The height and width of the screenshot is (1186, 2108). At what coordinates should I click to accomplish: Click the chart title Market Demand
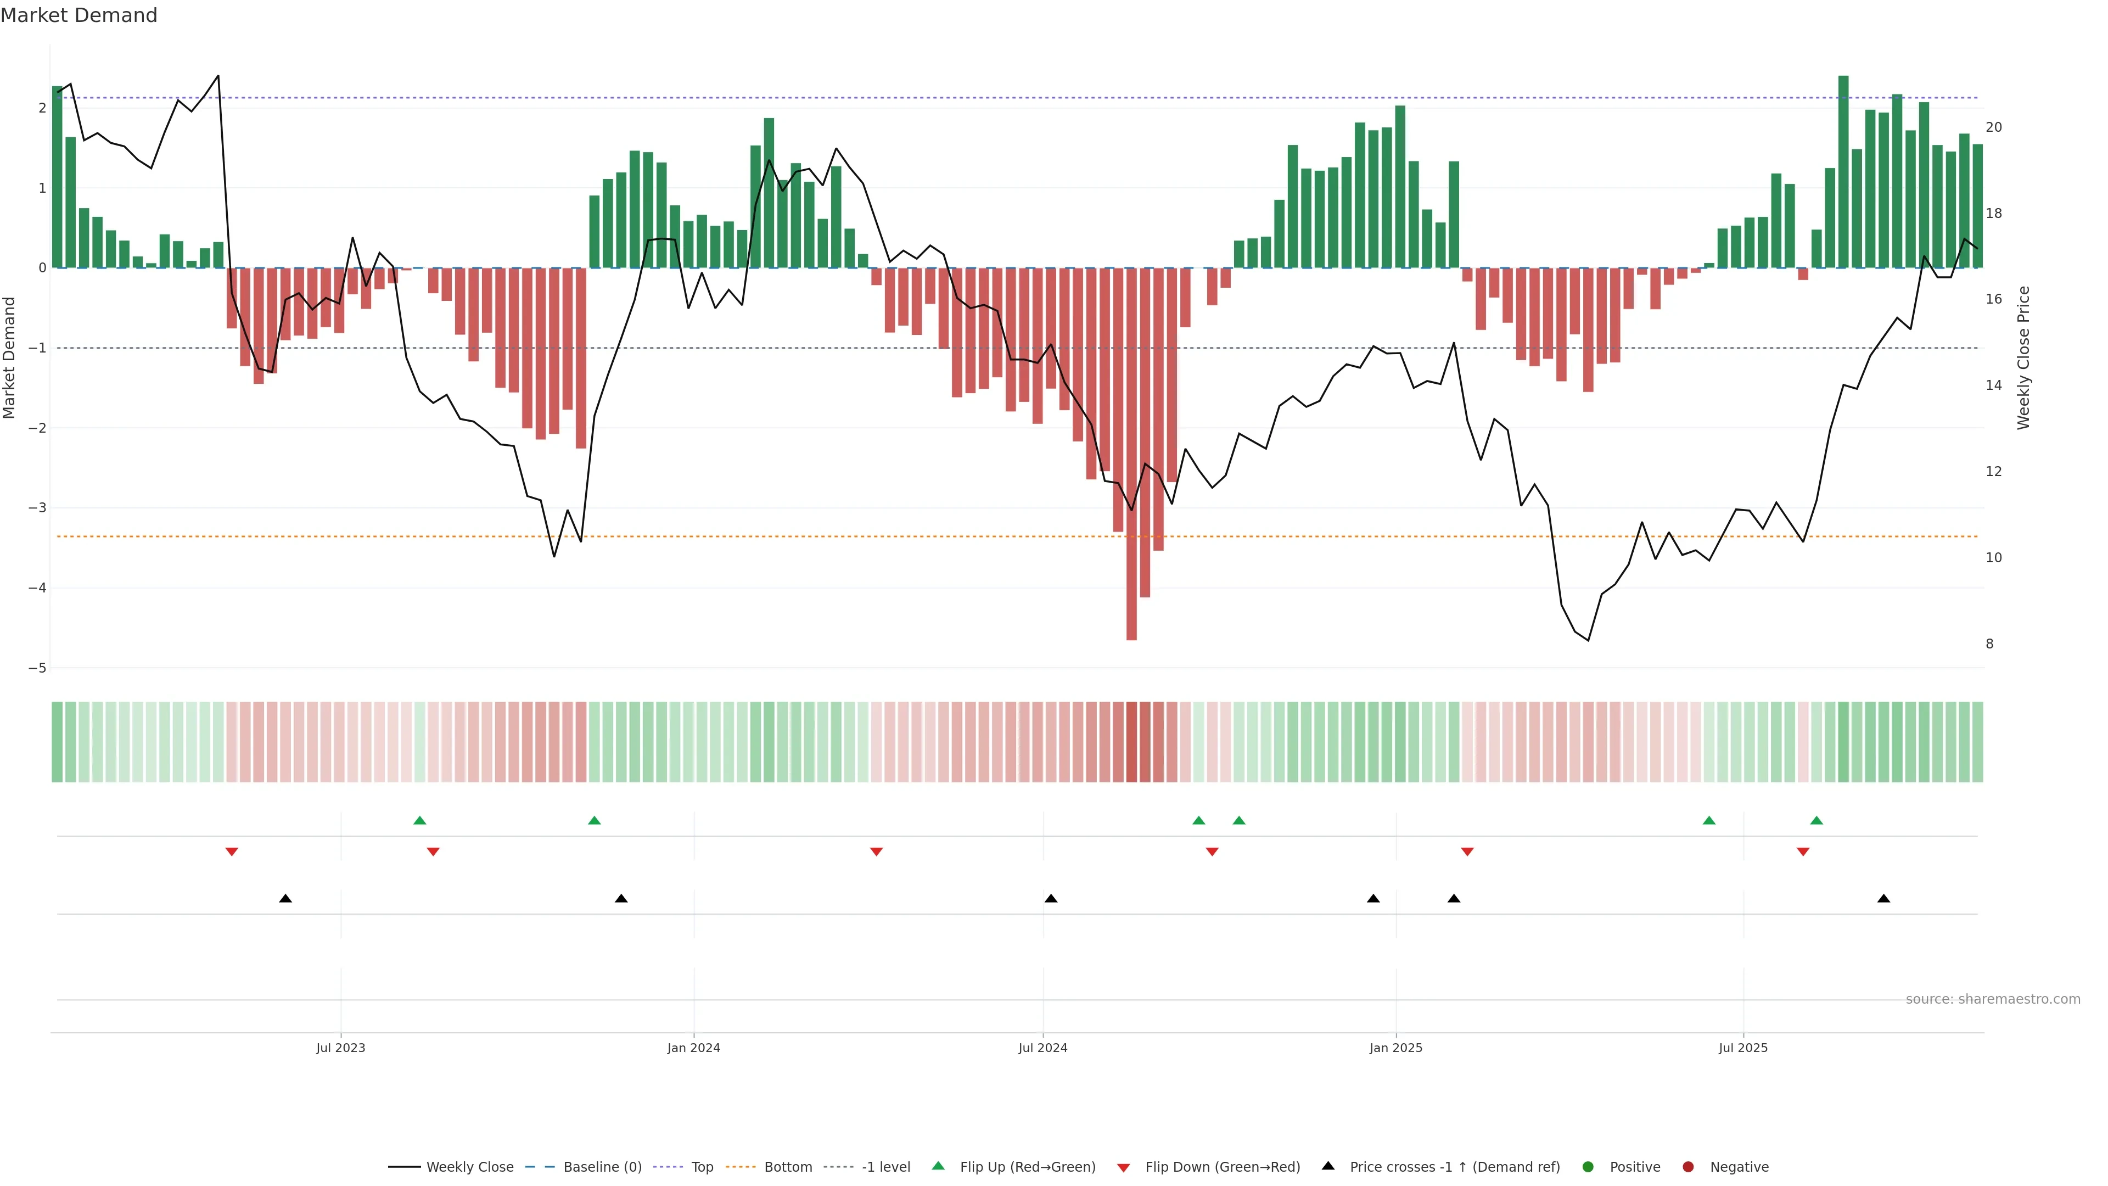click(x=79, y=15)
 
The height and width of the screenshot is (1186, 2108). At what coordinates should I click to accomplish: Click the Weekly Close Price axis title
click(x=2023, y=357)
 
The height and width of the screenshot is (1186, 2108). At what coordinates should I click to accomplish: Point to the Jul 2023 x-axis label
click(x=340, y=1048)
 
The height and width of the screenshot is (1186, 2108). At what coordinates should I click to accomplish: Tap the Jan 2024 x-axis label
click(x=693, y=1048)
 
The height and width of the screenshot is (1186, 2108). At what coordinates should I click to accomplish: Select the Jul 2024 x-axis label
click(x=1042, y=1048)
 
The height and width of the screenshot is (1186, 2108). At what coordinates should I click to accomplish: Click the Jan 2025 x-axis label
click(x=1395, y=1048)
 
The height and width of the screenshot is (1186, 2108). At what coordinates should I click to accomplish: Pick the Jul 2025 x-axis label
click(x=1742, y=1048)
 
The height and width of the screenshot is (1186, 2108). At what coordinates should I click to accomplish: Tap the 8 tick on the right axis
click(x=1989, y=644)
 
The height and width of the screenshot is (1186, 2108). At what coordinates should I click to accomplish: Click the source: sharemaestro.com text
click(x=1992, y=999)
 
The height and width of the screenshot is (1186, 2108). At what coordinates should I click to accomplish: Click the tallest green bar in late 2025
click(x=1843, y=172)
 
